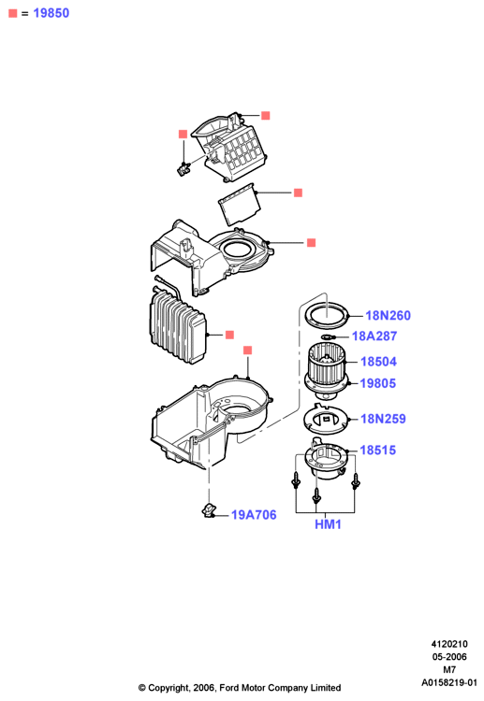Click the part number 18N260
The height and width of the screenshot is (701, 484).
click(x=388, y=316)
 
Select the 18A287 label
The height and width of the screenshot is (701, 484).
click(x=374, y=336)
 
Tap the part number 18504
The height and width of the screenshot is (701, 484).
click(x=378, y=362)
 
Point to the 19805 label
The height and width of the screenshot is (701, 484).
click(x=378, y=383)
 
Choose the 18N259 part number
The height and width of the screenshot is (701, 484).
click(x=383, y=419)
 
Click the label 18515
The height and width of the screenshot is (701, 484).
click(x=378, y=451)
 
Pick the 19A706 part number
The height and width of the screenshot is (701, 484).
click(x=254, y=515)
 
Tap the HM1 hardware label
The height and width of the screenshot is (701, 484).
click(x=328, y=524)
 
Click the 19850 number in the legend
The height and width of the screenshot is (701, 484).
click(x=51, y=13)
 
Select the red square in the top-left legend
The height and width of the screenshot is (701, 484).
click(x=12, y=13)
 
